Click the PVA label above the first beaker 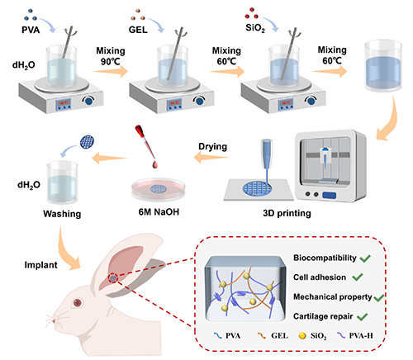[x=31, y=30]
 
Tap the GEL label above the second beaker [x=138, y=30]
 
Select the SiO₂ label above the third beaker [x=255, y=28]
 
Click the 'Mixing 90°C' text [x=111, y=56]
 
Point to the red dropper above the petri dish [x=146, y=146]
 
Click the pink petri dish [x=158, y=189]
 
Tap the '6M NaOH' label [x=159, y=212]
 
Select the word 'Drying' [x=213, y=147]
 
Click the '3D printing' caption [x=287, y=213]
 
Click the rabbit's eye [x=78, y=303]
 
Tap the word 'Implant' [x=40, y=265]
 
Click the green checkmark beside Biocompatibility [x=365, y=258]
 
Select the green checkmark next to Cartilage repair [x=362, y=317]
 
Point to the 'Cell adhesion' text [x=320, y=277]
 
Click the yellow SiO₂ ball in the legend [x=302, y=336]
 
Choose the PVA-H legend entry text [x=361, y=336]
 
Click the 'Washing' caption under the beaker [x=62, y=214]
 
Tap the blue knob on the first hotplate [x=88, y=101]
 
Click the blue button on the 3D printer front [x=330, y=195]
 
